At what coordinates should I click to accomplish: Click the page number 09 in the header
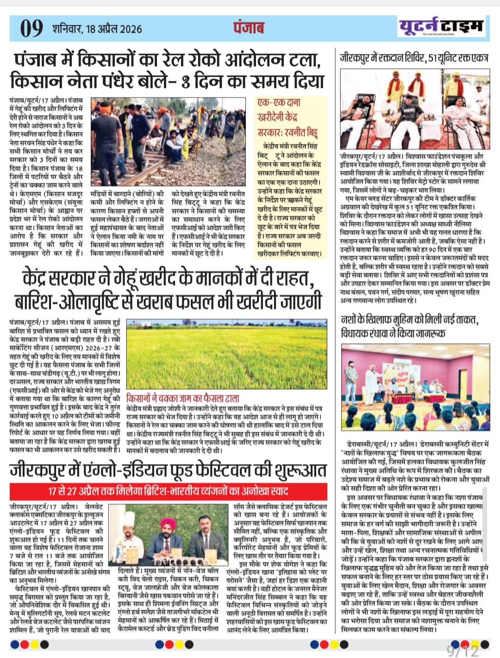(31, 28)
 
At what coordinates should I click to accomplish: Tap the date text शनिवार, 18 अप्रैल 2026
(97, 29)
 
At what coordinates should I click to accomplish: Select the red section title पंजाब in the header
(249, 28)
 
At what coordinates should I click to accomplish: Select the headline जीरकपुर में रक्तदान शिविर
(414, 58)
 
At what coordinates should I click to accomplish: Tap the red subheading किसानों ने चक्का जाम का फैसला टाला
(183, 398)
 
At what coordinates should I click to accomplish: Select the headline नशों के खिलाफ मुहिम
(409, 327)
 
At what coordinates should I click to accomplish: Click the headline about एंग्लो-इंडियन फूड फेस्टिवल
(168, 470)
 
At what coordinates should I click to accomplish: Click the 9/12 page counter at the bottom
(462, 651)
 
